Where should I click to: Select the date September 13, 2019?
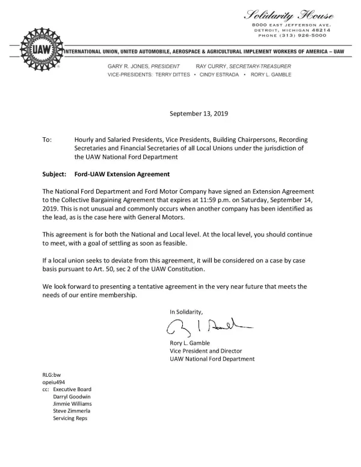(x=199, y=113)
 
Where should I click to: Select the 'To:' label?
(x=47, y=140)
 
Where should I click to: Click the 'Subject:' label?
(x=54, y=175)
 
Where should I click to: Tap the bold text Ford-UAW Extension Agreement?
(x=122, y=175)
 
